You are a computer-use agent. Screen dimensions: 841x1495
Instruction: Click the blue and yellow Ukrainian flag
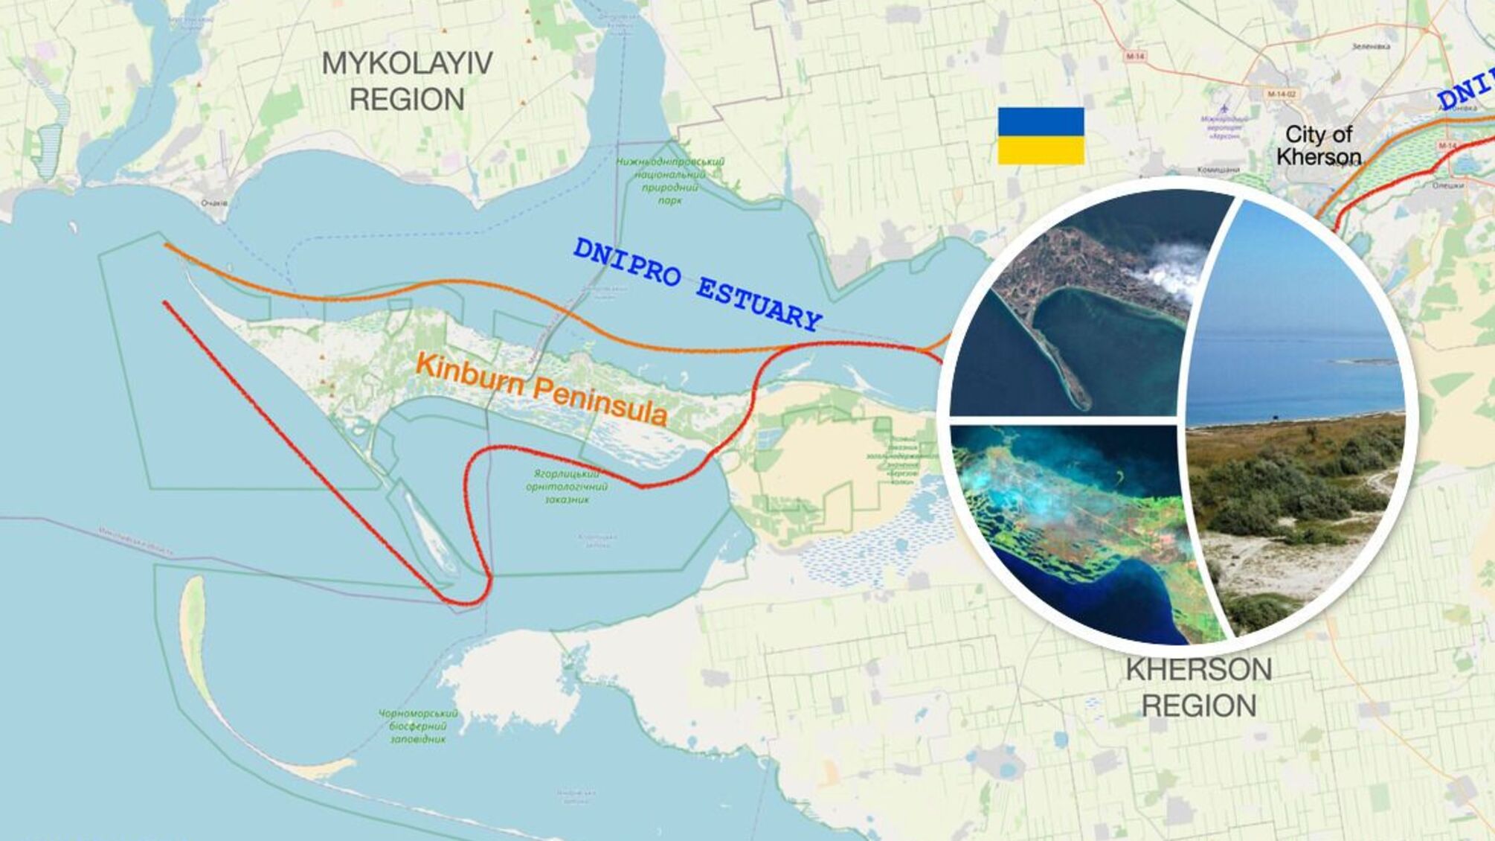pos(1041,135)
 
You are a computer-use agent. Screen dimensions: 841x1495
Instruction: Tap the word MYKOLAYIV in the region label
pos(407,64)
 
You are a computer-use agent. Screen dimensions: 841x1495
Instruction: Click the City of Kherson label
pos(1319,145)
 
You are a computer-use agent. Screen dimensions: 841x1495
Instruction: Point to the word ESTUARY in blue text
pos(759,301)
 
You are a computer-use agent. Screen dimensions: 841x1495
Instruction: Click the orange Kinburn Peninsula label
pos(541,388)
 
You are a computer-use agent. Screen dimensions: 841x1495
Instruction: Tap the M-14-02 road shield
pos(1282,95)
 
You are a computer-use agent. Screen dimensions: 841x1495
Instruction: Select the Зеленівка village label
pos(1371,46)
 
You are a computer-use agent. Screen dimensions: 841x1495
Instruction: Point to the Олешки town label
pos(1447,185)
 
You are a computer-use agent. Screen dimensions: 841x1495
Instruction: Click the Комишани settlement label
pos(1218,170)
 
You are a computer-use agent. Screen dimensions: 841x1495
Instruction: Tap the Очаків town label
pos(214,202)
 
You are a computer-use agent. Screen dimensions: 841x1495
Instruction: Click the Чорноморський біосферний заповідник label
pos(419,726)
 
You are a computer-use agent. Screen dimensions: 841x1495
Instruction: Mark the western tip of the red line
pos(165,302)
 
